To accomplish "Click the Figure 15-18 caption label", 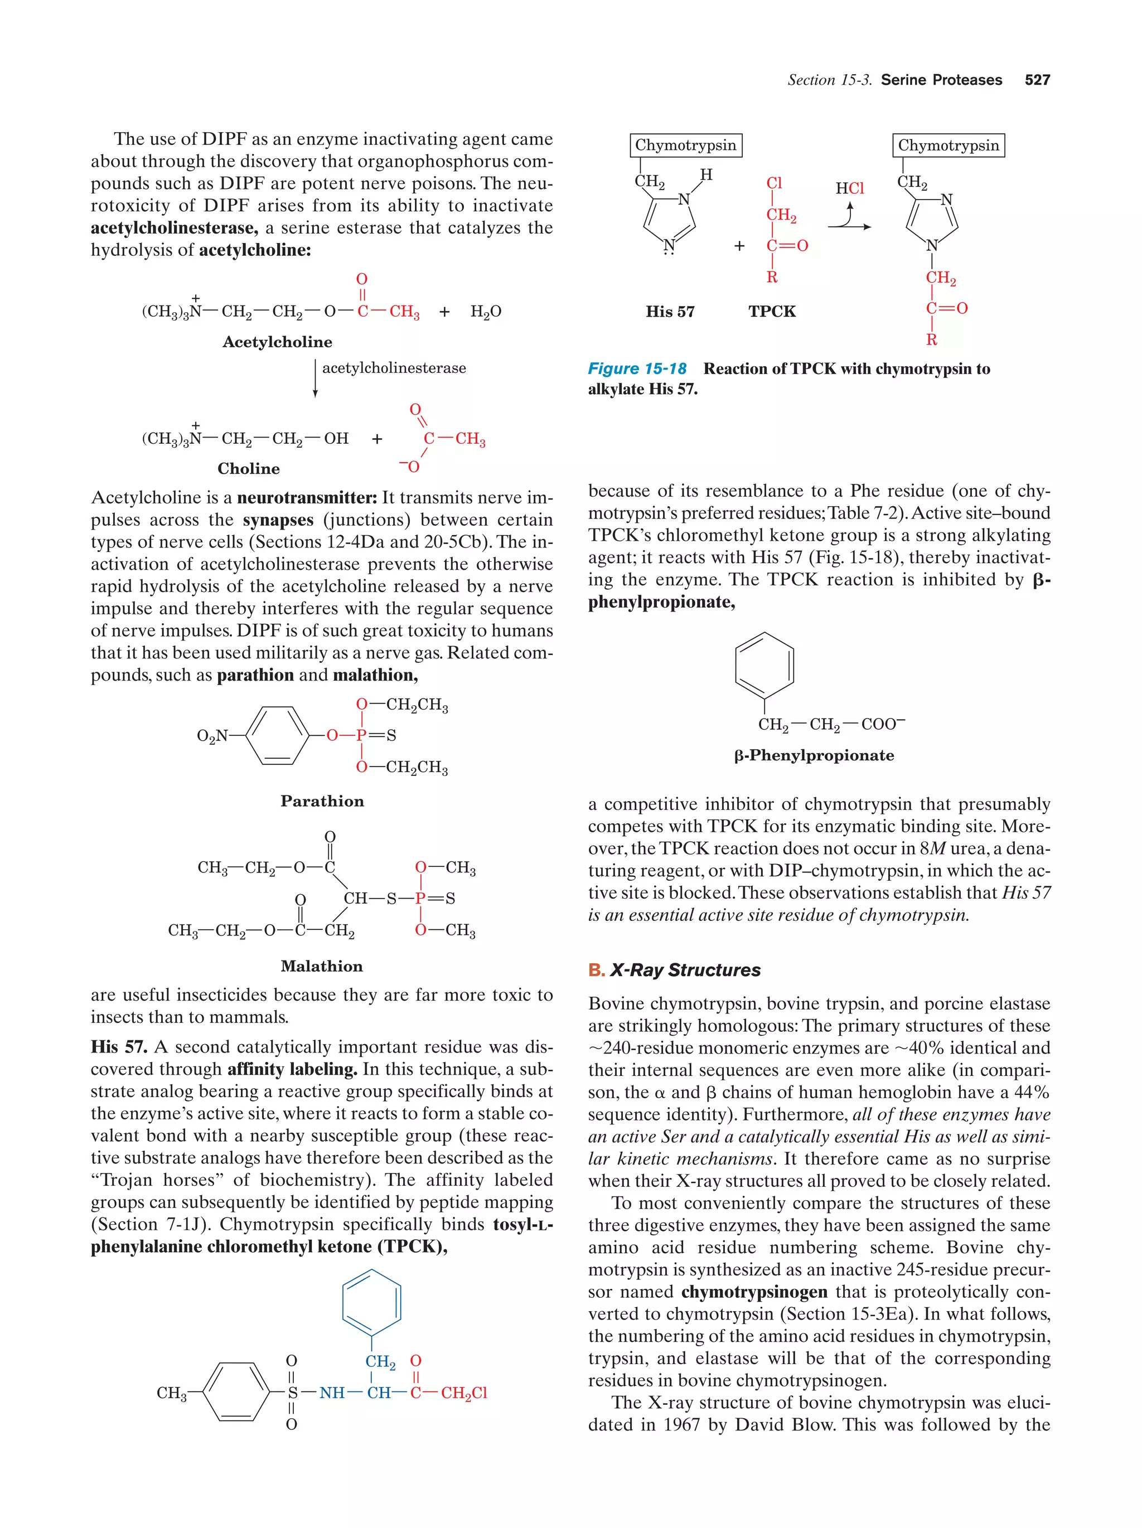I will pos(636,369).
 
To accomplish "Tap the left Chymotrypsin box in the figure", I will pos(685,145).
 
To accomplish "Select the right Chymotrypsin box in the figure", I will pos(948,145).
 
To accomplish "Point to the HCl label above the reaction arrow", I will pos(849,188).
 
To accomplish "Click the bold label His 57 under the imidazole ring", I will pos(670,312).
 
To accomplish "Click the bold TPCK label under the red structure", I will pos(772,312).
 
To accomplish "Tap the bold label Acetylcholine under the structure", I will pos(277,342).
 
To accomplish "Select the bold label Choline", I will pos(249,468).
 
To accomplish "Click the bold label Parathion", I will pos(322,801).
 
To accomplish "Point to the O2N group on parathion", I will pos(212,736).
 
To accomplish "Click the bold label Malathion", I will pos(321,966).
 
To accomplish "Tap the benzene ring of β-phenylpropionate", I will pos(764,665).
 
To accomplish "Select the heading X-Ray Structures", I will pos(685,970).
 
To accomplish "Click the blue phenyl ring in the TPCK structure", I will pos(372,1303).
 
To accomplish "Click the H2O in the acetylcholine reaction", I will pos(486,312).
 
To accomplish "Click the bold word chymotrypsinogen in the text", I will pos(754,1292).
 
